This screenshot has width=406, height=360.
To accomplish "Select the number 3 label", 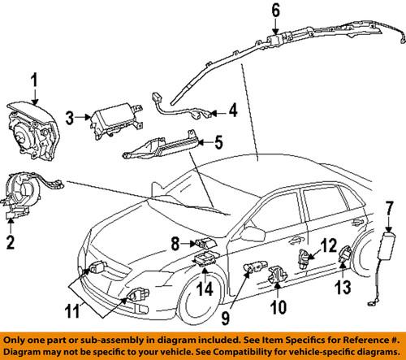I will coord(71,119).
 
